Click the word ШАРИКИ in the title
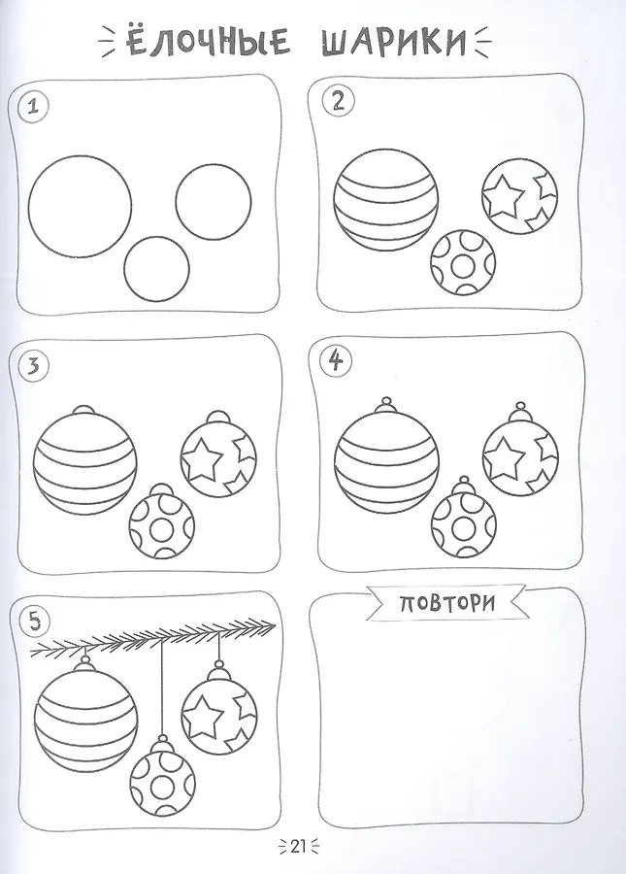coord(394,41)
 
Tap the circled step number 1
coord(33,107)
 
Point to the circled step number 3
coord(33,368)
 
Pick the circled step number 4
coord(336,362)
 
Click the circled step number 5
coord(35,622)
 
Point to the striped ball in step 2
coord(386,200)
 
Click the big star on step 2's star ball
coord(504,196)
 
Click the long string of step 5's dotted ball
coord(162,688)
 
